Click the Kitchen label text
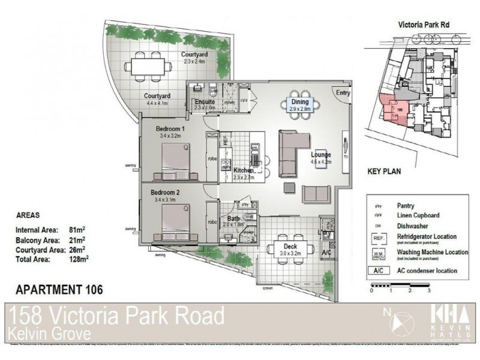tap(244, 170)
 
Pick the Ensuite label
tap(205, 102)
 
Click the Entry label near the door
tap(343, 93)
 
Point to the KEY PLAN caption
tap(383, 171)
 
